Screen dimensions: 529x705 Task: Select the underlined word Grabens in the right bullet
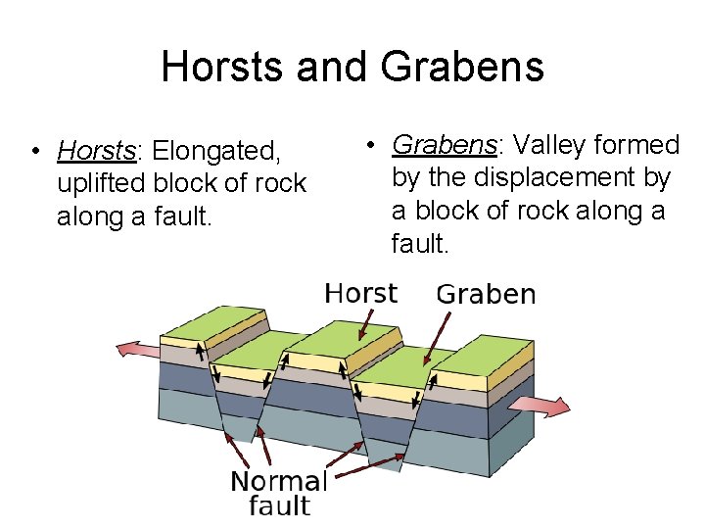coord(445,145)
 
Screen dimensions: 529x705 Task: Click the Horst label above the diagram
coord(360,293)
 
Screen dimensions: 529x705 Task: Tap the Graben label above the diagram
coord(486,294)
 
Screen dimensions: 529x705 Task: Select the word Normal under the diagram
coord(278,481)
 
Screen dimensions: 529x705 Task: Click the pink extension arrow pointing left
coord(137,349)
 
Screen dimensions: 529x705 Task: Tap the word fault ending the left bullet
coord(182,216)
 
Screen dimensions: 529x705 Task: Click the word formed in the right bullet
coord(637,145)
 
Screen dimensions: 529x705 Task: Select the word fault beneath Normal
coord(279,506)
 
